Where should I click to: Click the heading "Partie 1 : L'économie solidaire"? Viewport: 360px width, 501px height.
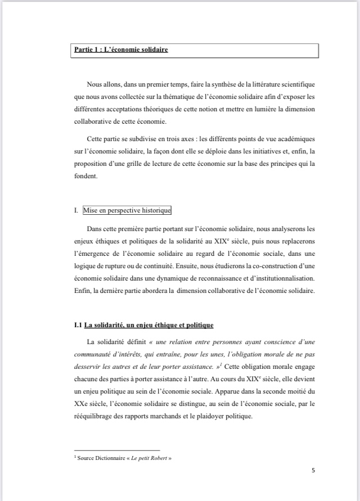coord(121,50)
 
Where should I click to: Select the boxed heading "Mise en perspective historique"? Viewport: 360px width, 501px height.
coord(127,211)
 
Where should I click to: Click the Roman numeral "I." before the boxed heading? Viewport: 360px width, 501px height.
coord(76,211)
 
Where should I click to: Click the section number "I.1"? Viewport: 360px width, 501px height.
coord(78,326)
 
